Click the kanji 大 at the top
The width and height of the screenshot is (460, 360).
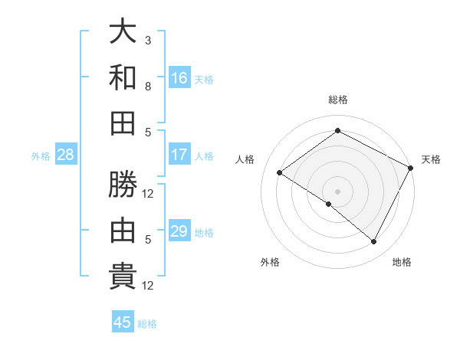click(x=123, y=32)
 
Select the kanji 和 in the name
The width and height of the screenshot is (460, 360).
click(x=123, y=77)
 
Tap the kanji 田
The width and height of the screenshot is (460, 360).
click(x=123, y=123)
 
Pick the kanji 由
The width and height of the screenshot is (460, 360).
click(x=123, y=231)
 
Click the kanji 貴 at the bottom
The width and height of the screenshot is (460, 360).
click(x=123, y=276)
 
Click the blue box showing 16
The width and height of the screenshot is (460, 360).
click(x=179, y=78)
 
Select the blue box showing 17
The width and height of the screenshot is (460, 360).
click(x=179, y=155)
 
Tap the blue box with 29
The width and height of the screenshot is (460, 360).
click(x=179, y=231)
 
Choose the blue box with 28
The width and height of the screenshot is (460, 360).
click(x=66, y=155)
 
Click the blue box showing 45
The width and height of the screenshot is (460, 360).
click(x=123, y=322)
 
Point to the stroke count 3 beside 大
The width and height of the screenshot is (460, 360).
click(x=148, y=40)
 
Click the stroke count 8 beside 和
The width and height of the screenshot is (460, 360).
click(x=148, y=86)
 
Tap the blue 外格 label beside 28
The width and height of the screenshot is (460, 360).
click(x=41, y=155)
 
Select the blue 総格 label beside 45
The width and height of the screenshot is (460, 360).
click(x=147, y=323)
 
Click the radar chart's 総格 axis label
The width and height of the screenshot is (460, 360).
click(x=337, y=100)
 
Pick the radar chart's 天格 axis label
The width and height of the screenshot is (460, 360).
click(x=431, y=159)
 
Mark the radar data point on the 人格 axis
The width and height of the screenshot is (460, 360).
click(x=280, y=173)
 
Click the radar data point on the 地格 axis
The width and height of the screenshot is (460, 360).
click(x=374, y=242)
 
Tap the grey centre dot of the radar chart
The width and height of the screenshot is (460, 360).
click(x=337, y=191)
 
